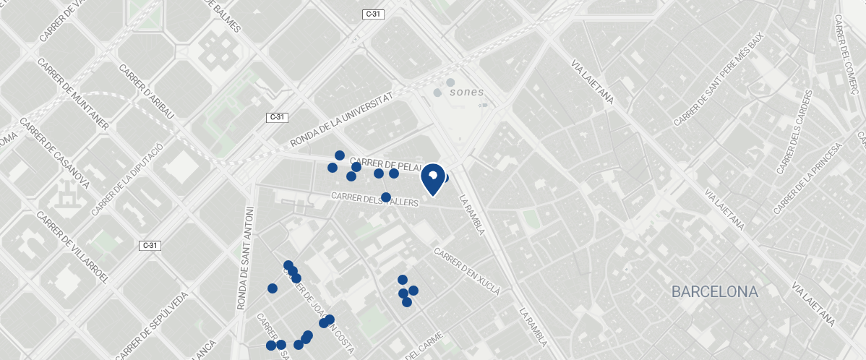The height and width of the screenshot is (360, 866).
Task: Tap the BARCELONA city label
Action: [715, 292]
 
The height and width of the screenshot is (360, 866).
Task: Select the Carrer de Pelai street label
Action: [385, 164]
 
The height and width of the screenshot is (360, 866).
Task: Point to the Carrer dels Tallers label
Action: [375, 200]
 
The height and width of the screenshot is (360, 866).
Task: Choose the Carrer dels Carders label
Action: [793, 134]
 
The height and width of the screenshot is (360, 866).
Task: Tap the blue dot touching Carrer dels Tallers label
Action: [386, 197]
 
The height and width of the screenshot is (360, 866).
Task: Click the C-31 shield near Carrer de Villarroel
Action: [150, 246]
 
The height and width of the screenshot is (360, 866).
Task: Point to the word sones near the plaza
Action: [466, 93]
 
